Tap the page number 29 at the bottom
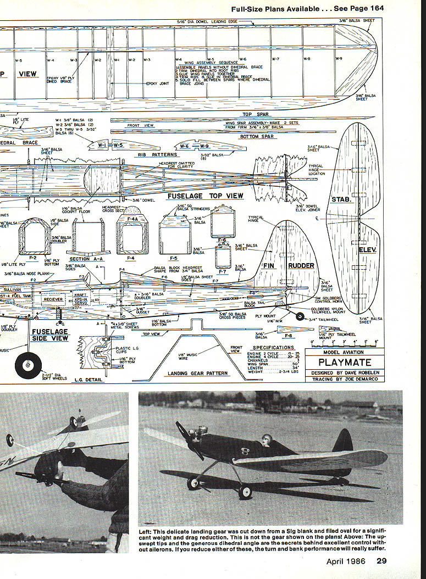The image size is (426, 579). click(x=382, y=561)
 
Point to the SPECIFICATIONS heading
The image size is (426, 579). click(x=273, y=347)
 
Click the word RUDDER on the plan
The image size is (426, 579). click(x=301, y=266)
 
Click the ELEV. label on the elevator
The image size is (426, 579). click(x=367, y=249)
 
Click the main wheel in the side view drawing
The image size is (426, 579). click(x=27, y=365)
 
